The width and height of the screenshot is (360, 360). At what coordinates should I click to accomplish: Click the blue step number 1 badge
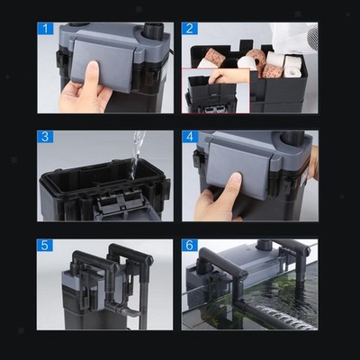45,29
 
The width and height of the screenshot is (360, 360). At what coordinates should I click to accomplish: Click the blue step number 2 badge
190,29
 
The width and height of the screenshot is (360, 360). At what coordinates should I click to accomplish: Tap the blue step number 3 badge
45,137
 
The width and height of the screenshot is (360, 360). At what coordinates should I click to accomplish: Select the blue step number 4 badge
190,137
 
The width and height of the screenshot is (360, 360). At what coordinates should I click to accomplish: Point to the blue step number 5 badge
45,245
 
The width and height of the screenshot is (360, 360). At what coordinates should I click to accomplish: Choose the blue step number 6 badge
190,245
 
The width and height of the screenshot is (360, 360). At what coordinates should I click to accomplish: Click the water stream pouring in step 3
138,152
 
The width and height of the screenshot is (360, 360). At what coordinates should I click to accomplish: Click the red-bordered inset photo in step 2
216,91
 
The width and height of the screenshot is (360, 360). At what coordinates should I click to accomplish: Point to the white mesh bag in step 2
294,37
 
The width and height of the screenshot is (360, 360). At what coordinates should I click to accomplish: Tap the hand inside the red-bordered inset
229,76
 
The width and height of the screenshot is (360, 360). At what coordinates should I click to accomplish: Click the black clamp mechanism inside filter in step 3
119,201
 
